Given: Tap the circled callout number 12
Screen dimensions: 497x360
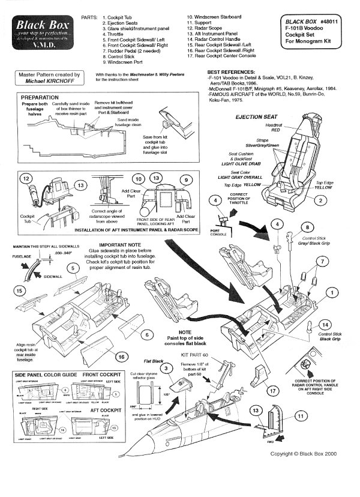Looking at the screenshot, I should (25, 179).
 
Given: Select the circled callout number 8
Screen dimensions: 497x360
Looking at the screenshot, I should (307, 227).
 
